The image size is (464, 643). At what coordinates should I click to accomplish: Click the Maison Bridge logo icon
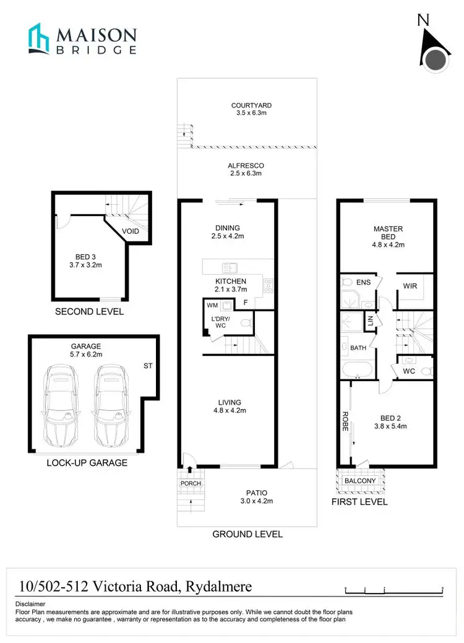click(38, 39)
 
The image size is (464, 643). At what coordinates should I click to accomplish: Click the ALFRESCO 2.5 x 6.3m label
click(246, 170)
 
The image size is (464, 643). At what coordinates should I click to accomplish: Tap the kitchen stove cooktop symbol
click(268, 285)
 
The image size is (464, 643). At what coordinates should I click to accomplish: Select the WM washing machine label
click(212, 305)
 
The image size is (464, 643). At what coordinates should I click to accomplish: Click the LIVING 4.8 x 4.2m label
click(229, 406)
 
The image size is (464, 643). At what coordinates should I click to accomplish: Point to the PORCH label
click(191, 483)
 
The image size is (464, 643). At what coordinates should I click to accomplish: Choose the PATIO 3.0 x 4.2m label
click(256, 497)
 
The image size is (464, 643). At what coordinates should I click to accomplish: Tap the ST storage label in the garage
click(148, 366)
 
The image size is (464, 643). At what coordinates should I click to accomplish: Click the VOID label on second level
click(131, 231)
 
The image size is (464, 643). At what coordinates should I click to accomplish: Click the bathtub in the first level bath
click(357, 371)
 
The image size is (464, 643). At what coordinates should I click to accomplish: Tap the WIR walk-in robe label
click(410, 287)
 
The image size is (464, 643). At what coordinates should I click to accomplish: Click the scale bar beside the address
click(394, 588)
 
